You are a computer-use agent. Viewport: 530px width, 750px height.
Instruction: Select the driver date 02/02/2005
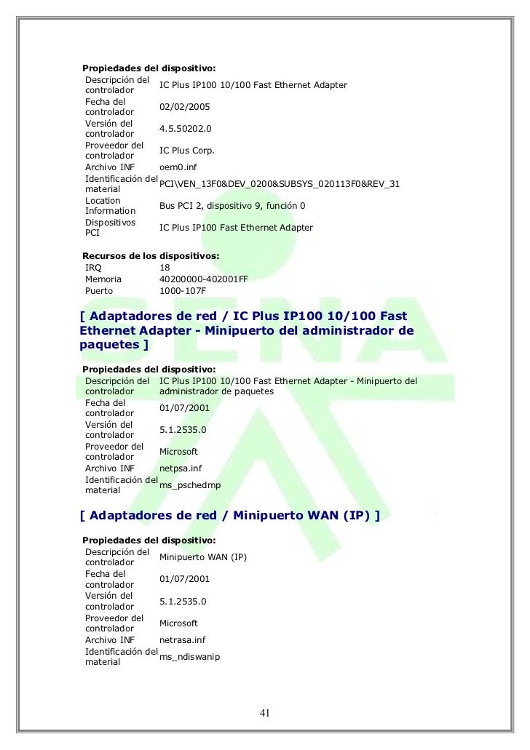click(x=184, y=107)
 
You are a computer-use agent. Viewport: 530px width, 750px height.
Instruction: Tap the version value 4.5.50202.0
click(x=185, y=129)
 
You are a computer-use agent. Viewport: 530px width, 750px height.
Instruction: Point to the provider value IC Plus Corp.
click(x=187, y=151)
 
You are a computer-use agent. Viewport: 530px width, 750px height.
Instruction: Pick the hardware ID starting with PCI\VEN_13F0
click(x=279, y=184)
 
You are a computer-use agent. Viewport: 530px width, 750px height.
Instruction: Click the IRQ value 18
click(x=165, y=267)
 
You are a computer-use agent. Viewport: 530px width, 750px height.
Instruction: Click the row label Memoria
click(x=103, y=279)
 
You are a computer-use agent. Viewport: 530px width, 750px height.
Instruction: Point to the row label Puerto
click(x=100, y=291)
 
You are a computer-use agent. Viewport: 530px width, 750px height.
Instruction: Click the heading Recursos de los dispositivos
click(x=151, y=255)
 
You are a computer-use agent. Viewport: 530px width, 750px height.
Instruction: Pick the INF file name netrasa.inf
click(x=183, y=640)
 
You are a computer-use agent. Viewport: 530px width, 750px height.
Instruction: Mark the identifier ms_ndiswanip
click(x=189, y=657)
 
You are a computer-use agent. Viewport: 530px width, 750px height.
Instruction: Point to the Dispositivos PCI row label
click(x=105, y=228)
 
